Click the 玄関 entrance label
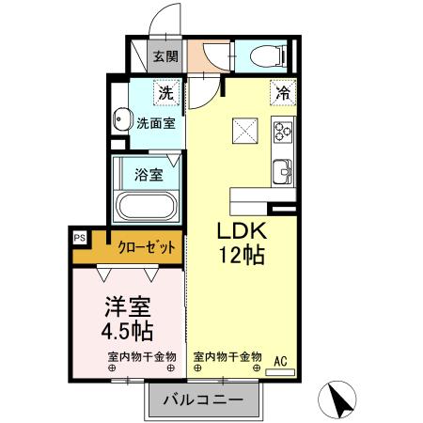point(165,56)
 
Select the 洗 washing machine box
point(165,93)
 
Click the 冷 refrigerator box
point(281,92)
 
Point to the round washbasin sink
point(120,120)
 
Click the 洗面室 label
point(155,122)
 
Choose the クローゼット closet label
point(146,247)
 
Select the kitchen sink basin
point(282,171)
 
